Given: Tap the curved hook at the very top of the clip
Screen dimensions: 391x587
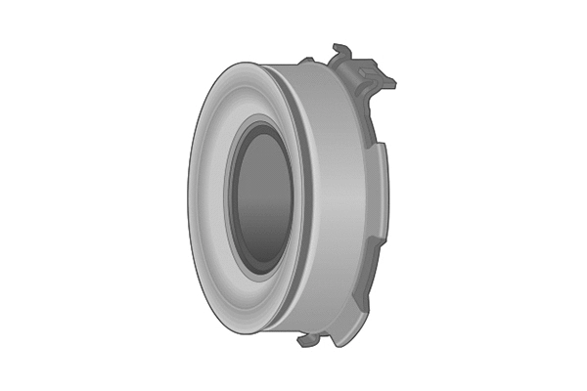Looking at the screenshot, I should tap(339, 48).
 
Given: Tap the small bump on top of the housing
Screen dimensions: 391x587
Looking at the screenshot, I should tap(305, 62).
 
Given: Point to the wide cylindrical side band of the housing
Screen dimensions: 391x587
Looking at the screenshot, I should tap(328, 195).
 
